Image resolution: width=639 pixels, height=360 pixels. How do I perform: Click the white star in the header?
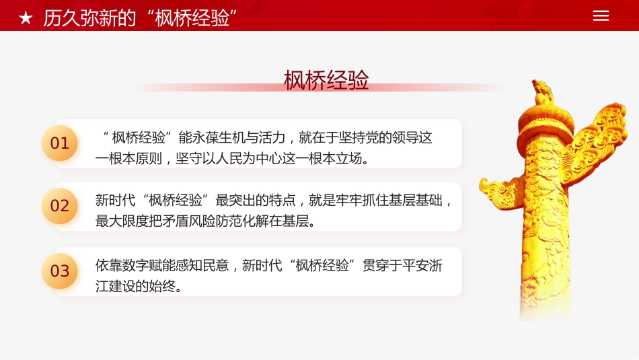[26, 18]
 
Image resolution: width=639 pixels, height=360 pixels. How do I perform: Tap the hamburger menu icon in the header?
[601, 16]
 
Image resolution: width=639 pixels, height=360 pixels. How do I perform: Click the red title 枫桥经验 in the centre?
[326, 80]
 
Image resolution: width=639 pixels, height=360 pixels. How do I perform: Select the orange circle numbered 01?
[60, 143]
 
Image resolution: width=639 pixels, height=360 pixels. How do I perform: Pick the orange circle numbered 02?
[60, 206]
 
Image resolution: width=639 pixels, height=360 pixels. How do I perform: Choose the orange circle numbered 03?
[60, 271]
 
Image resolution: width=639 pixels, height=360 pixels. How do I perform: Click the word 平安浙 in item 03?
[420, 265]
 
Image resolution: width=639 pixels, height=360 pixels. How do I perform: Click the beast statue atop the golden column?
[542, 92]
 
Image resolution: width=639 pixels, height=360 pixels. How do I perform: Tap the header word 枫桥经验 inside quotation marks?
[192, 18]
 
